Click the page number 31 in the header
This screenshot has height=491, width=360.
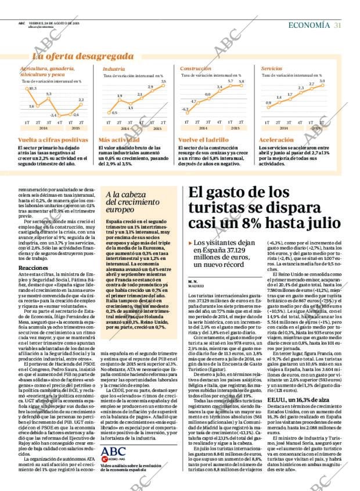coord(337,25)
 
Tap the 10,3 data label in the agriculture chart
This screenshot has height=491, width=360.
coord(32,88)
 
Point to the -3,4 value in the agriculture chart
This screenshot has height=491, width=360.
coord(53,115)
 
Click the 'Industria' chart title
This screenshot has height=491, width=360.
coord(109,68)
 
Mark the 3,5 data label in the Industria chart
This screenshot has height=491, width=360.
coord(163,81)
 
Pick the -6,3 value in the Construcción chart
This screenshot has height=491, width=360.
coord(185,109)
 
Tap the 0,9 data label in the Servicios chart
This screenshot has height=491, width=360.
coord(268,103)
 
